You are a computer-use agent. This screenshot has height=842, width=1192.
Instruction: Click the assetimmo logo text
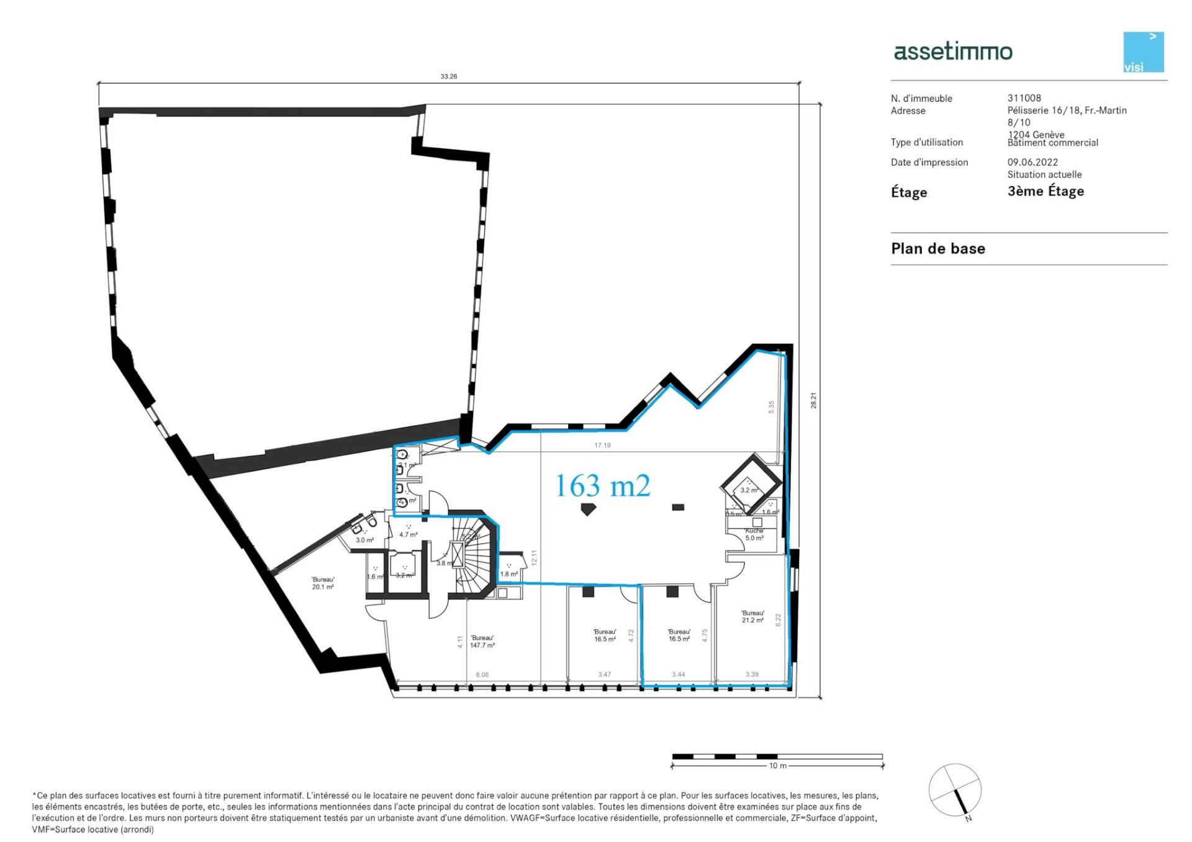952,52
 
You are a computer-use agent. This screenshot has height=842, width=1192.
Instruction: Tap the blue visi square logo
1143,52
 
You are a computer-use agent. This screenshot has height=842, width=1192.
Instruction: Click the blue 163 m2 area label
602,486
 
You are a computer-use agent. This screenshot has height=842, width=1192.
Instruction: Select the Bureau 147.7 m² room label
482,642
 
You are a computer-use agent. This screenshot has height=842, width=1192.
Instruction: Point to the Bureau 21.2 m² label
752,616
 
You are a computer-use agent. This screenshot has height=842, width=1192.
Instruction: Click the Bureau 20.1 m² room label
323,583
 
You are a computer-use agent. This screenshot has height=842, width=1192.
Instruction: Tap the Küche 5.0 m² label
754,535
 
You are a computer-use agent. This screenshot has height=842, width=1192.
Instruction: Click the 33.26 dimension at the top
448,76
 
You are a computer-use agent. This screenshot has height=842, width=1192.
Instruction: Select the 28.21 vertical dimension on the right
813,400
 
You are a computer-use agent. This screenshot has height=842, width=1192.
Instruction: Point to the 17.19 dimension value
602,446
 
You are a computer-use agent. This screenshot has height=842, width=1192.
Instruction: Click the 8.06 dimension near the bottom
482,674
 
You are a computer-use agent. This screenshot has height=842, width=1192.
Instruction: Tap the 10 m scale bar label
777,766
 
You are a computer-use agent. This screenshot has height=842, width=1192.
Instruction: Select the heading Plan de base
937,249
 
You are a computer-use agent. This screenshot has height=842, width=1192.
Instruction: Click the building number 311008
1024,98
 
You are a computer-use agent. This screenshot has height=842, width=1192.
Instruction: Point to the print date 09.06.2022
1032,162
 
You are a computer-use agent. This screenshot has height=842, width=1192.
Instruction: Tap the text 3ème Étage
1045,191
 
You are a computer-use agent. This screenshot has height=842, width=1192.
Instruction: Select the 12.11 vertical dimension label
534,557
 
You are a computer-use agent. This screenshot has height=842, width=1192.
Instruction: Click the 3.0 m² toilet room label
364,540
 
